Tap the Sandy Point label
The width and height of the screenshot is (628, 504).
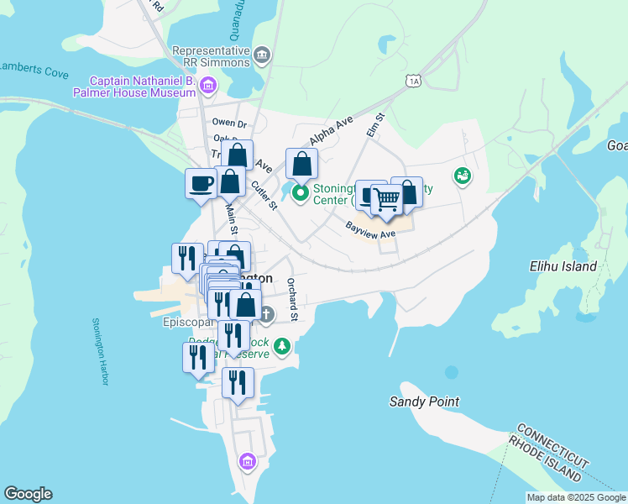click(424, 402)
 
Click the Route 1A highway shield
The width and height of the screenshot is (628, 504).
click(411, 81)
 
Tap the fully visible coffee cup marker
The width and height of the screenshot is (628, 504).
click(201, 184)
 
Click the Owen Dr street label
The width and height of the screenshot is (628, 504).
click(228, 123)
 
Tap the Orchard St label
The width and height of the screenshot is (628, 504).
click(292, 300)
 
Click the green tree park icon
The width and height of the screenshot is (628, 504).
click(283, 345)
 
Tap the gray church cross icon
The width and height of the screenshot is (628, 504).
click(266, 315)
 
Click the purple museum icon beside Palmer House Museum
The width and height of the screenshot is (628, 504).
click(208, 85)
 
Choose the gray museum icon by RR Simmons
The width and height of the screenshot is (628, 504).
click(262, 56)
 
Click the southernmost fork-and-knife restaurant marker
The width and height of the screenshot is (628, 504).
click(238, 383)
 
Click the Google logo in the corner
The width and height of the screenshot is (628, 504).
click(28, 494)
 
